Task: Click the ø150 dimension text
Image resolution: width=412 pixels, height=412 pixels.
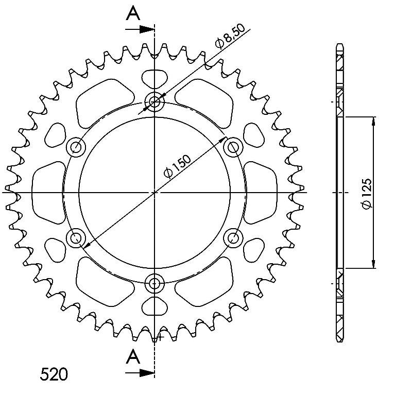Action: (x=177, y=166)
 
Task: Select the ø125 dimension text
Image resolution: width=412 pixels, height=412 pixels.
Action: (x=367, y=194)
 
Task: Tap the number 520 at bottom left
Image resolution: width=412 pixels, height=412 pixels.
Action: (x=54, y=374)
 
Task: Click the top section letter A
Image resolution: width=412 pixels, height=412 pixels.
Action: (x=133, y=14)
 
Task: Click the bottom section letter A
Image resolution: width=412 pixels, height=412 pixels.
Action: (x=133, y=357)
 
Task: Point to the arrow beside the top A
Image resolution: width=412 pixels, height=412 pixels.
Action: (x=140, y=29)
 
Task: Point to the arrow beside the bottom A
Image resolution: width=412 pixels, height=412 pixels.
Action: (x=140, y=372)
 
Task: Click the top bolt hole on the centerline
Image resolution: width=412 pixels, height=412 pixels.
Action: (x=154, y=101)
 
